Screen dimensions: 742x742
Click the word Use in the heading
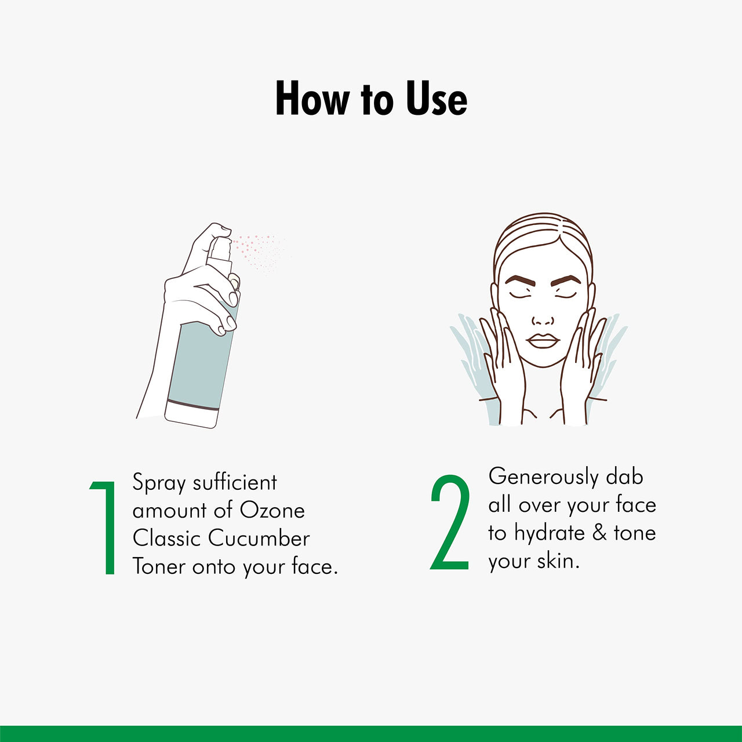436,99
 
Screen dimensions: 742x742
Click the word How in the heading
312,99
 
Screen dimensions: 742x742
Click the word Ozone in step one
272,511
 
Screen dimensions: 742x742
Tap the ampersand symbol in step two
599,533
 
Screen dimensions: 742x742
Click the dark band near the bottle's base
192,404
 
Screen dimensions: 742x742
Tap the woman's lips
543,341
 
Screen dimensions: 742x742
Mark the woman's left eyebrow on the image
566,281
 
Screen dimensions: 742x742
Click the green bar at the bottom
371,733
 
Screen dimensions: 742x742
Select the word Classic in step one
166,539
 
